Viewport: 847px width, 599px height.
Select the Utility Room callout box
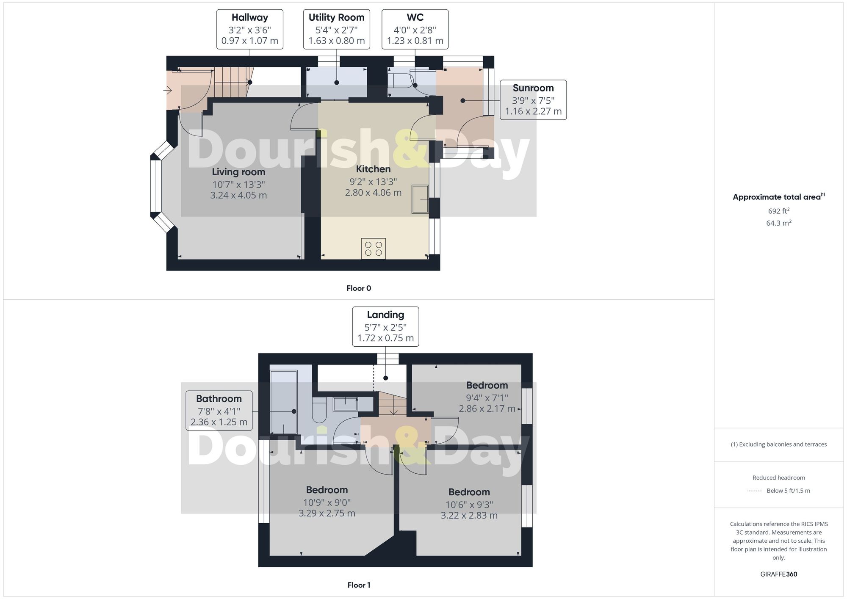click(337, 29)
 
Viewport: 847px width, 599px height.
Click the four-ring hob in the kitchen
click(374, 249)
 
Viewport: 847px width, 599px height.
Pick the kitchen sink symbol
click(420, 199)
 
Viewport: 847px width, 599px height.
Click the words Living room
click(238, 172)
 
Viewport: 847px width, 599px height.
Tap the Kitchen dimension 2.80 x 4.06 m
click(373, 193)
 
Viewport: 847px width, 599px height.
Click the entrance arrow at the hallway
click(168, 90)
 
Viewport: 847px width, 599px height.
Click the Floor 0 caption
click(359, 288)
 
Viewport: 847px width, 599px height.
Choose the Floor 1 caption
click(359, 585)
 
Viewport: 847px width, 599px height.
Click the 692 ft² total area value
click(779, 211)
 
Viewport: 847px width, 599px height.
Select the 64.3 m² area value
click(779, 223)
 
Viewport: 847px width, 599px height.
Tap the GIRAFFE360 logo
click(779, 574)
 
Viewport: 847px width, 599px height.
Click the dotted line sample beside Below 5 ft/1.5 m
click(755, 491)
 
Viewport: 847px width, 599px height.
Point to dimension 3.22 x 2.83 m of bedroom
click(469, 516)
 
